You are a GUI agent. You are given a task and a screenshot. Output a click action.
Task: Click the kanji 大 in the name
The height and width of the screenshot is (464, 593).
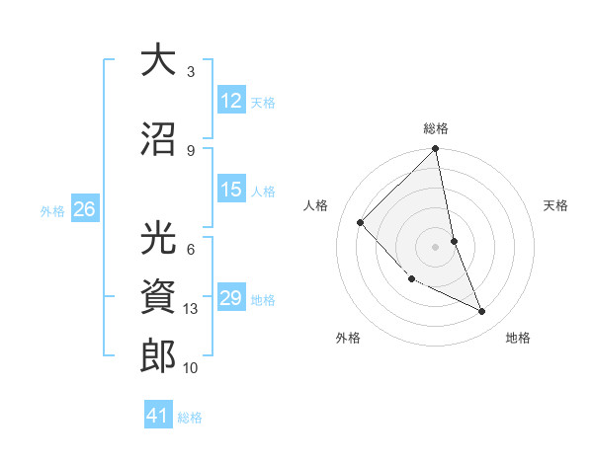pos(158,60)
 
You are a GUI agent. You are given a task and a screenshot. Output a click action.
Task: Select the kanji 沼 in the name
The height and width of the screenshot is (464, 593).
pos(158,139)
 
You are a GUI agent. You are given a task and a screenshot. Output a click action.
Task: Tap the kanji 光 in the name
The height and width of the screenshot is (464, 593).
pos(158,239)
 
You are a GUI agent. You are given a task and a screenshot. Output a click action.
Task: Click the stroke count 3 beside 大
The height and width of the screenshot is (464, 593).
pos(191,72)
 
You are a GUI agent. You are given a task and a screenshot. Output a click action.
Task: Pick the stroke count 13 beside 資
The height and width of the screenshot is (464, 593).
pos(192,309)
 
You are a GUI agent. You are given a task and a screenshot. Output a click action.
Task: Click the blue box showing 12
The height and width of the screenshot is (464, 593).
pos(231,101)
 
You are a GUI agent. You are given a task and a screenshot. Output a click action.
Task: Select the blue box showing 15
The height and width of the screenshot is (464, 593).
pos(231,191)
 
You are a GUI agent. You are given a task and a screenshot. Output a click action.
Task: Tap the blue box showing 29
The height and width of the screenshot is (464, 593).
pos(231,298)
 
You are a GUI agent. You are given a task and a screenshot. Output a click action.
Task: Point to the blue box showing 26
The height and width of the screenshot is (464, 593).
pos(84,209)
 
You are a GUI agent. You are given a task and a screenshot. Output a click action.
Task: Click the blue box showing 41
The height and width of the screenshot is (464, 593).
pos(158,416)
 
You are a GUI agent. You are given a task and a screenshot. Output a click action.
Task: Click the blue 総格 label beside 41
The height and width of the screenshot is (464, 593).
pos(190,418)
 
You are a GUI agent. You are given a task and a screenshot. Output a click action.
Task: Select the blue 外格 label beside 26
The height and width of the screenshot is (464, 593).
pos(52,210)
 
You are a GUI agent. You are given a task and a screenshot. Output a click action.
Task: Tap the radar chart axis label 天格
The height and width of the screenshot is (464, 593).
pos(556,205)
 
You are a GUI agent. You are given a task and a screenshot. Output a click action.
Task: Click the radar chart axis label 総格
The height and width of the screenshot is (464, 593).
pos(436,128)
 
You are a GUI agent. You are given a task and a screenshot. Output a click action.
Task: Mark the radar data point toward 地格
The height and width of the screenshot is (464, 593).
pos(482,312)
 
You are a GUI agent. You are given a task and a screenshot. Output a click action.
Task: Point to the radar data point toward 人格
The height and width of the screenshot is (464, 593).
pos(361,222)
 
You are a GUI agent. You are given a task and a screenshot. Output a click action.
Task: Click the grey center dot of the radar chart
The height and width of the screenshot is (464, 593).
pos(435,246)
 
